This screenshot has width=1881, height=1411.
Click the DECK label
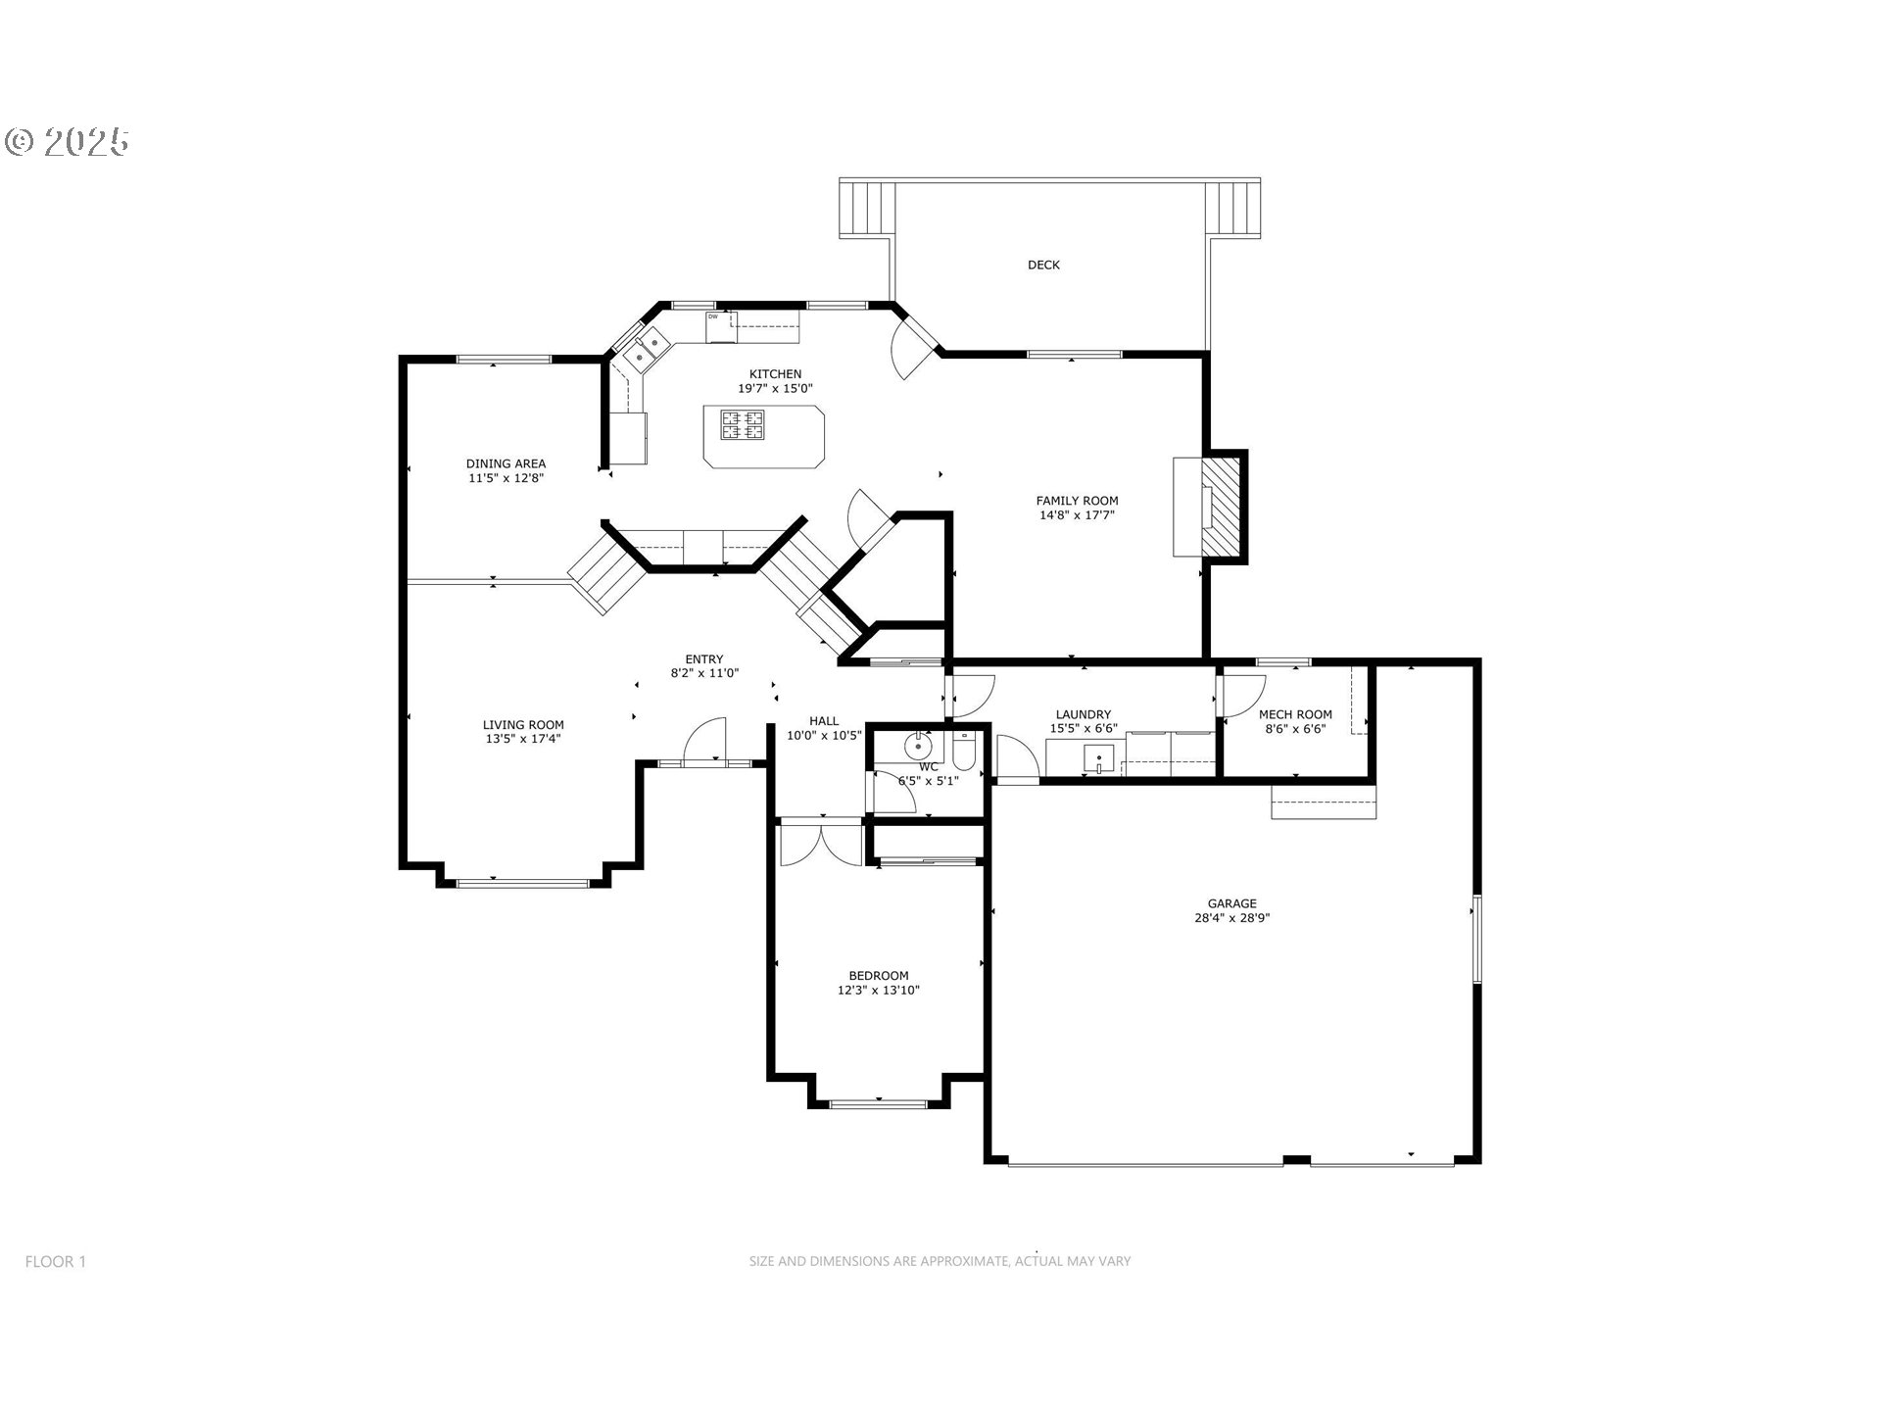coord(1043,265)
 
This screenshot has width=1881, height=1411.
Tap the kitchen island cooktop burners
coord(743,425)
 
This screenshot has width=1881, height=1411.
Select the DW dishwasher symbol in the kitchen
coord(720,327)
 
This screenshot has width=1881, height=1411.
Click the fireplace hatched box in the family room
coord(1222,507)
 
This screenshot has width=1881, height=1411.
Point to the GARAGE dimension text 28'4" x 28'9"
coord(1231,918)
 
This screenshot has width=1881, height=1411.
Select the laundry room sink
coord(1099,757)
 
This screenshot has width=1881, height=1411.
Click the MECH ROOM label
coord(1295,714)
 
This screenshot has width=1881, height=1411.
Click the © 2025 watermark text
coord(68,142)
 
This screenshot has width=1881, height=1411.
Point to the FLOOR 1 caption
coord(56,1261)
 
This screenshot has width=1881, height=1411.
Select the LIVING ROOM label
coord(523,725)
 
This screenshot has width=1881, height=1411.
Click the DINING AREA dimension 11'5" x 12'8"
coord(506,478)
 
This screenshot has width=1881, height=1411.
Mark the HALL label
coord(824,721)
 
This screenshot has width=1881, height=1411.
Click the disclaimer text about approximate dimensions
coord(940,1261)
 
